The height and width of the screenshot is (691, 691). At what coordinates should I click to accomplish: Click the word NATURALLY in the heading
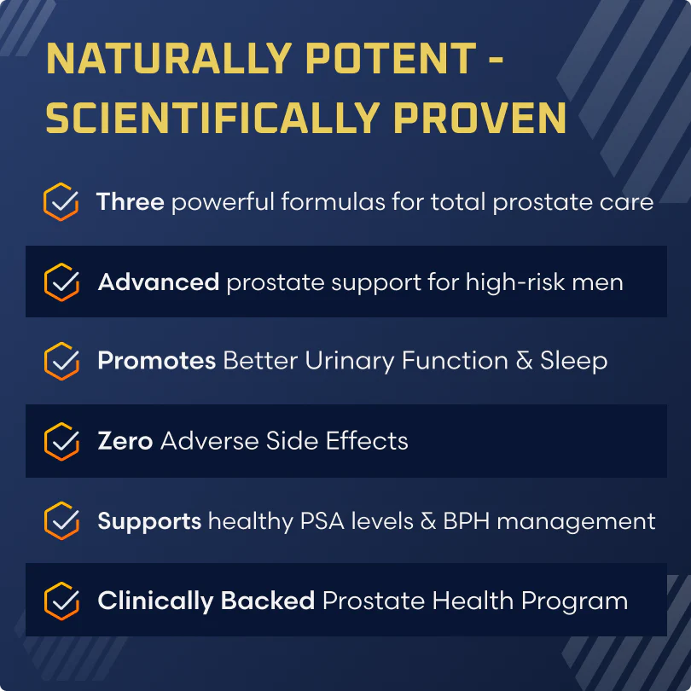pos(169,58)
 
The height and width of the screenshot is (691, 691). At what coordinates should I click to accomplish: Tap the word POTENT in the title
pos(391,58)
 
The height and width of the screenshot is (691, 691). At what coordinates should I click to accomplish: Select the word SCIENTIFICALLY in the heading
pos(213,118)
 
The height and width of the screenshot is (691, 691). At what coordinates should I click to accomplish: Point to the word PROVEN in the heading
pos(479,118)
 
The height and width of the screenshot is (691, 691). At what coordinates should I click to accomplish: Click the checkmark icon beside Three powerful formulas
pos(61,202)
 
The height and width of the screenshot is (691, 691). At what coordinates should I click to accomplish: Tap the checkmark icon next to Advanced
pos(61,282)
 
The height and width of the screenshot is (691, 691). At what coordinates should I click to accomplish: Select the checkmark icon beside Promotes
pos(61,361)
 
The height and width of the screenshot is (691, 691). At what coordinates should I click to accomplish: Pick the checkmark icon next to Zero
pos(61,441)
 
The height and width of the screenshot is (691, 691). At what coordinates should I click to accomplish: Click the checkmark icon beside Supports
pos(61,520)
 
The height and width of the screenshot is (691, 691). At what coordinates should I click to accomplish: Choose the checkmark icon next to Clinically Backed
pos(61,601)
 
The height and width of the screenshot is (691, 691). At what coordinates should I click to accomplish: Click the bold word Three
pos(131,202)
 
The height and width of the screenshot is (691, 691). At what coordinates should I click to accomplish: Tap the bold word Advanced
pos(159,282)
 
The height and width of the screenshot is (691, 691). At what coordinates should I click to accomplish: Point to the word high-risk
pos(515,282)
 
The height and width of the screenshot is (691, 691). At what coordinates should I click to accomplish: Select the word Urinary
pos(350,362)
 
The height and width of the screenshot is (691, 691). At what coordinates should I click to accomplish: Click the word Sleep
pos(574,362)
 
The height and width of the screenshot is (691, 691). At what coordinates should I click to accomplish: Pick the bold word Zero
pos(125,441)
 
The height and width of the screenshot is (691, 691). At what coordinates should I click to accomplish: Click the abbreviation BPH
pos(467,521)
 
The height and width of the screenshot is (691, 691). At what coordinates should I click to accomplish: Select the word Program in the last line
pos(575,601)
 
